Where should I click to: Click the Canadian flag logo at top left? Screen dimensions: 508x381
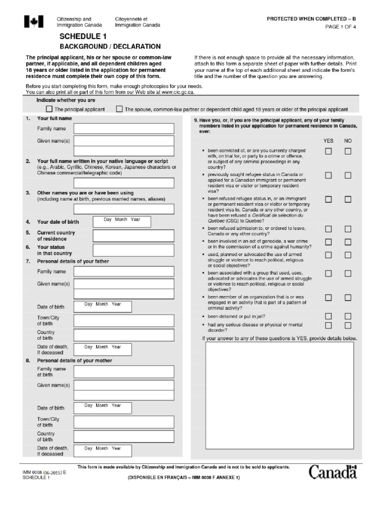point(33,22)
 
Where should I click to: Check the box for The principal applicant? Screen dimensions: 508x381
point(49,109)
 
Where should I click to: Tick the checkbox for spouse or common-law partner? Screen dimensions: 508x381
point(119,109)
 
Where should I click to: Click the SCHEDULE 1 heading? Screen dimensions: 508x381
point(83,37)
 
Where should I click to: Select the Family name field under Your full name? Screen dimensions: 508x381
point(124,128)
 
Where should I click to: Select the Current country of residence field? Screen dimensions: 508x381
point(133,236)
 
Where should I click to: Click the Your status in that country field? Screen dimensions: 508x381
point(133,250)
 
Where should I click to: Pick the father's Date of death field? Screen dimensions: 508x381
point(103,349)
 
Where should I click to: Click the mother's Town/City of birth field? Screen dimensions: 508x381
point(124,422)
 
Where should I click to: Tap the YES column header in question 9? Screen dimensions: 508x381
point(328,141)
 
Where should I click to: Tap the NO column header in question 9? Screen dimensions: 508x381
point(348,141)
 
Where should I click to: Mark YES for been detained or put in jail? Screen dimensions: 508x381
point(328,316)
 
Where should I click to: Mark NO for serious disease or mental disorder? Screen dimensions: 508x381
point(348,325)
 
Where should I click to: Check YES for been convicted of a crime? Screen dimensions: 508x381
point(328,151)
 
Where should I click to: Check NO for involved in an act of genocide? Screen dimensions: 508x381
point(348,242)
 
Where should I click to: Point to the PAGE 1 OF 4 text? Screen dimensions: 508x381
point(340,27)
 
